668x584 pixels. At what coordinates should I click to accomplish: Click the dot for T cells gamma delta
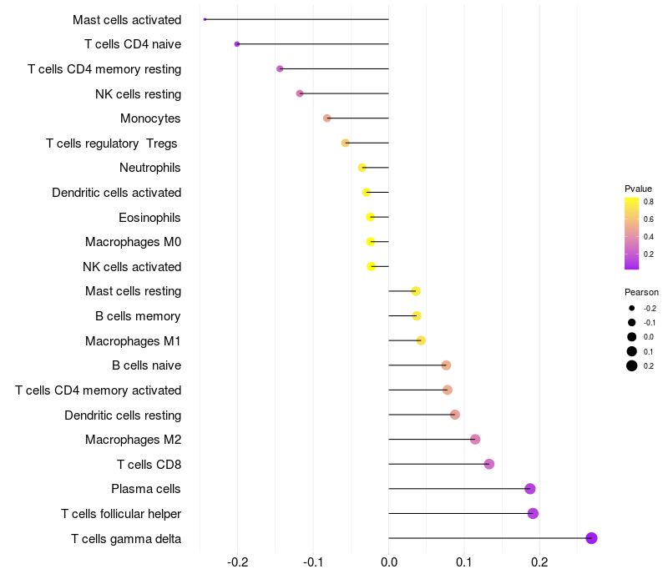coord(591,538)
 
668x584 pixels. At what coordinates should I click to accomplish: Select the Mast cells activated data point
coord(205,19)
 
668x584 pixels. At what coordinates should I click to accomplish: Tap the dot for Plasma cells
coord(529,489)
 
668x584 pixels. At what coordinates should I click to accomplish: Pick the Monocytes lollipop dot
coord(327,118)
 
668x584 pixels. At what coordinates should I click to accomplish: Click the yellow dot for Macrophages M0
coord(371,242)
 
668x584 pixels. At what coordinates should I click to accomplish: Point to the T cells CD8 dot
coord(489,464)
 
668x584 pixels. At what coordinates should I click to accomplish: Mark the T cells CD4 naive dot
coord(237,44)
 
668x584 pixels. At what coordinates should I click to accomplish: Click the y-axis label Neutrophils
coord(150,168)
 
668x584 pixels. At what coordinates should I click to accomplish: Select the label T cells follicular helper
coord(121,513)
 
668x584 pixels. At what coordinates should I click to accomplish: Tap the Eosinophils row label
coord(150,218)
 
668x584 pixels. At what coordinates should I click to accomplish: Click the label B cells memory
coord(138,316)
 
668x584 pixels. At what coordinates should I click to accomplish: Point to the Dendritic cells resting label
coord(123,415)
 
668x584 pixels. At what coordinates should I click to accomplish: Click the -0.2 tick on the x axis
coord(238,562)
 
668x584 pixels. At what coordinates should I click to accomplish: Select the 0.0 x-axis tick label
coord(389,562)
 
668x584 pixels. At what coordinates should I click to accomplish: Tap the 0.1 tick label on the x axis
coord(464,562)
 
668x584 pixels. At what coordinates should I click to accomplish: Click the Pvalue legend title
coord(638,189)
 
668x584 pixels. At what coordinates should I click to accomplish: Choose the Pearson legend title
coord(641,293)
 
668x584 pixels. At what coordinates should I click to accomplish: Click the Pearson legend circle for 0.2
coord(632,365)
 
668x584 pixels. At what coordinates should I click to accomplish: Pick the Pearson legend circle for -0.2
coord(632,308)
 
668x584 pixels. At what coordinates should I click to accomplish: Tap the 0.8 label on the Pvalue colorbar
coord(649,201)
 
